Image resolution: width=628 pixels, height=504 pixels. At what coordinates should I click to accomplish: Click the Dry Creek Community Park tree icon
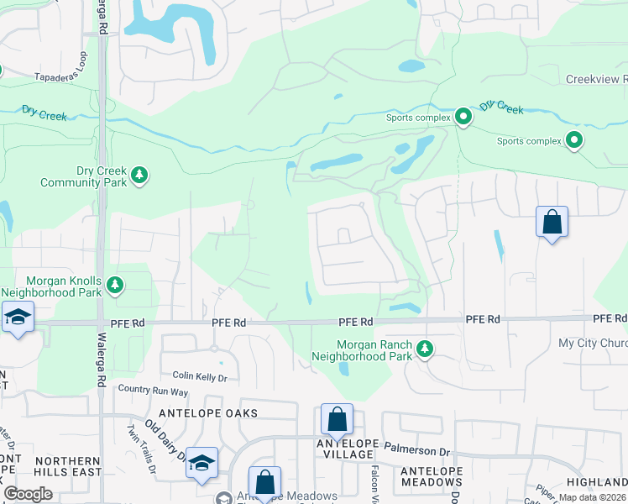[139, 175]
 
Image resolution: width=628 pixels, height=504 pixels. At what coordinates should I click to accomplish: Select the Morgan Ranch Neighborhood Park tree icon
[425, 349]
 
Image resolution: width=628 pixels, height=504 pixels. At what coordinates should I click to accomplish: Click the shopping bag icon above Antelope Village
[337, 418]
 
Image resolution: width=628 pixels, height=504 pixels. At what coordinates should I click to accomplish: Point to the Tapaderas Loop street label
[61, 76]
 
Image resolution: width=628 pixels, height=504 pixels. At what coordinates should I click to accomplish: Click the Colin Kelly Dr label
[200, 377]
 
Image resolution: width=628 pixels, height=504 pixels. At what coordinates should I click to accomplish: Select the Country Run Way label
[153, 390]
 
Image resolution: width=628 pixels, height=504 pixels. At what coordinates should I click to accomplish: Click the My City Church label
[593, 344]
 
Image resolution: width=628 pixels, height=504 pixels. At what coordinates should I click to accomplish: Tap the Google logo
[28, 494]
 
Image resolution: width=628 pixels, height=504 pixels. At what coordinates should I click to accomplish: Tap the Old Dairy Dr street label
[165, 440]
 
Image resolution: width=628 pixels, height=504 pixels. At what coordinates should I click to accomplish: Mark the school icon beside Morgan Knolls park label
[17, 317]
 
